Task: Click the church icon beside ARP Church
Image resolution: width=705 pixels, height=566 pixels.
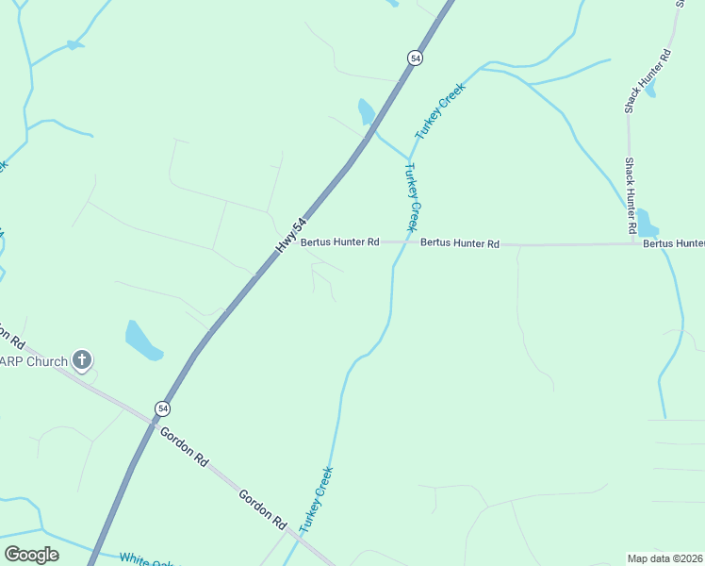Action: click(x=82, y=359)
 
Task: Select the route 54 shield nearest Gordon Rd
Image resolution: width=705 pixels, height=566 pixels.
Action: click(x=164, y=408)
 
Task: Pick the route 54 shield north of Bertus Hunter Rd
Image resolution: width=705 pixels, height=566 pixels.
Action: click(x=416, y=58)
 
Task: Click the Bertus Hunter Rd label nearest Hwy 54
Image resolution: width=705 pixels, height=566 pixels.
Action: click(x=339, y=242)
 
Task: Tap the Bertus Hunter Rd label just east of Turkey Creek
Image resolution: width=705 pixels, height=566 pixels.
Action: click(x=460, y=243)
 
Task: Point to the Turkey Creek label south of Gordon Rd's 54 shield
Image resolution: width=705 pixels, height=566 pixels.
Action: click(x=317, y=498)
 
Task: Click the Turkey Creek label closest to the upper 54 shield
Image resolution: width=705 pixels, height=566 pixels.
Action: click(x=441, y=112)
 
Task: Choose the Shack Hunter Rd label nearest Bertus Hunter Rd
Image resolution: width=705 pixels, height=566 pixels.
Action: click(x=630, y=196)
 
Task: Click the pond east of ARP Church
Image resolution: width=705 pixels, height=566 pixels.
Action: click(x=142, y=340)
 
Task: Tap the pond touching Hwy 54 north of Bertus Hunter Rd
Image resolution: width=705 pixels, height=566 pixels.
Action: click(x=366, y=112)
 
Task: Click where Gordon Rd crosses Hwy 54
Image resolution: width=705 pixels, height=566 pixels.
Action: click(x=152, y=421)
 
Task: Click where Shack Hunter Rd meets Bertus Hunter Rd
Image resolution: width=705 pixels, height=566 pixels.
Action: click(x=632, y=244)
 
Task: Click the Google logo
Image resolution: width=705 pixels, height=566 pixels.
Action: click(x=32, y=555)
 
